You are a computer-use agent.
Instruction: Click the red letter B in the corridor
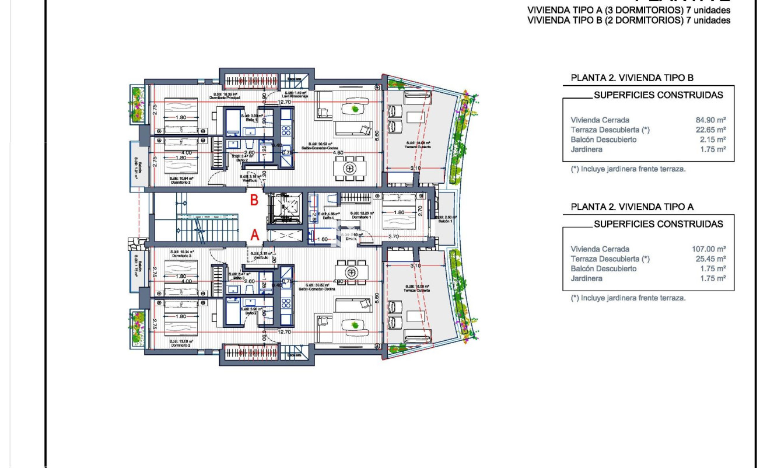coord(254,201)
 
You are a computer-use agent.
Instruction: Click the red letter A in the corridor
coord(254,235)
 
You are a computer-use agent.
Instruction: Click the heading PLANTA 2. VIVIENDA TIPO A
coord(632,207)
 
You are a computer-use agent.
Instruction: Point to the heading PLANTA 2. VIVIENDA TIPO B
coord(632,78)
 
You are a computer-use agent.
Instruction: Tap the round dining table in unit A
coord(351,272)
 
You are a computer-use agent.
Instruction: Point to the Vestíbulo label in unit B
coord(250,180)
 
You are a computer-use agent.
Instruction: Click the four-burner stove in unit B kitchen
coord(286,128)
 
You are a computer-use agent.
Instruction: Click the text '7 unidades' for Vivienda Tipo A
coord(708,10)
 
